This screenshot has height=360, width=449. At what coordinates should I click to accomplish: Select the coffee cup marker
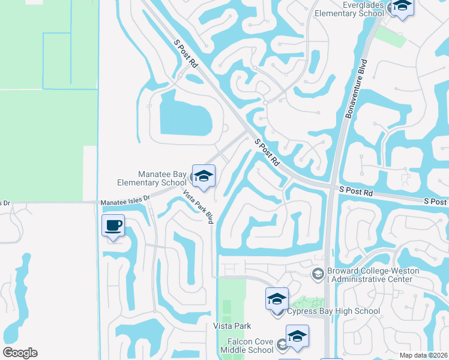[x=113, y=226]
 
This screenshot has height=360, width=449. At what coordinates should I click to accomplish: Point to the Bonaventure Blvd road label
[x=355, y=85]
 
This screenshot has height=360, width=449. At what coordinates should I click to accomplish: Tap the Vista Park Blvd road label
[x=198, y=207]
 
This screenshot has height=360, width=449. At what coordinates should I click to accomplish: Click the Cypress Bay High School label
[x=333, y=311]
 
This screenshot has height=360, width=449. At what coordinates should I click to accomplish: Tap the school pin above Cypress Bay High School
[x=277, y=298]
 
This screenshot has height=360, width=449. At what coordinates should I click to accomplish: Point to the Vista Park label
[x=231, y=326]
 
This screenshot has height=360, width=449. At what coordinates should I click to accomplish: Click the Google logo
[x=20, y=352]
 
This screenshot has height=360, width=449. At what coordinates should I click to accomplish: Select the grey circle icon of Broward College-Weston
[x=317, y=274]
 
